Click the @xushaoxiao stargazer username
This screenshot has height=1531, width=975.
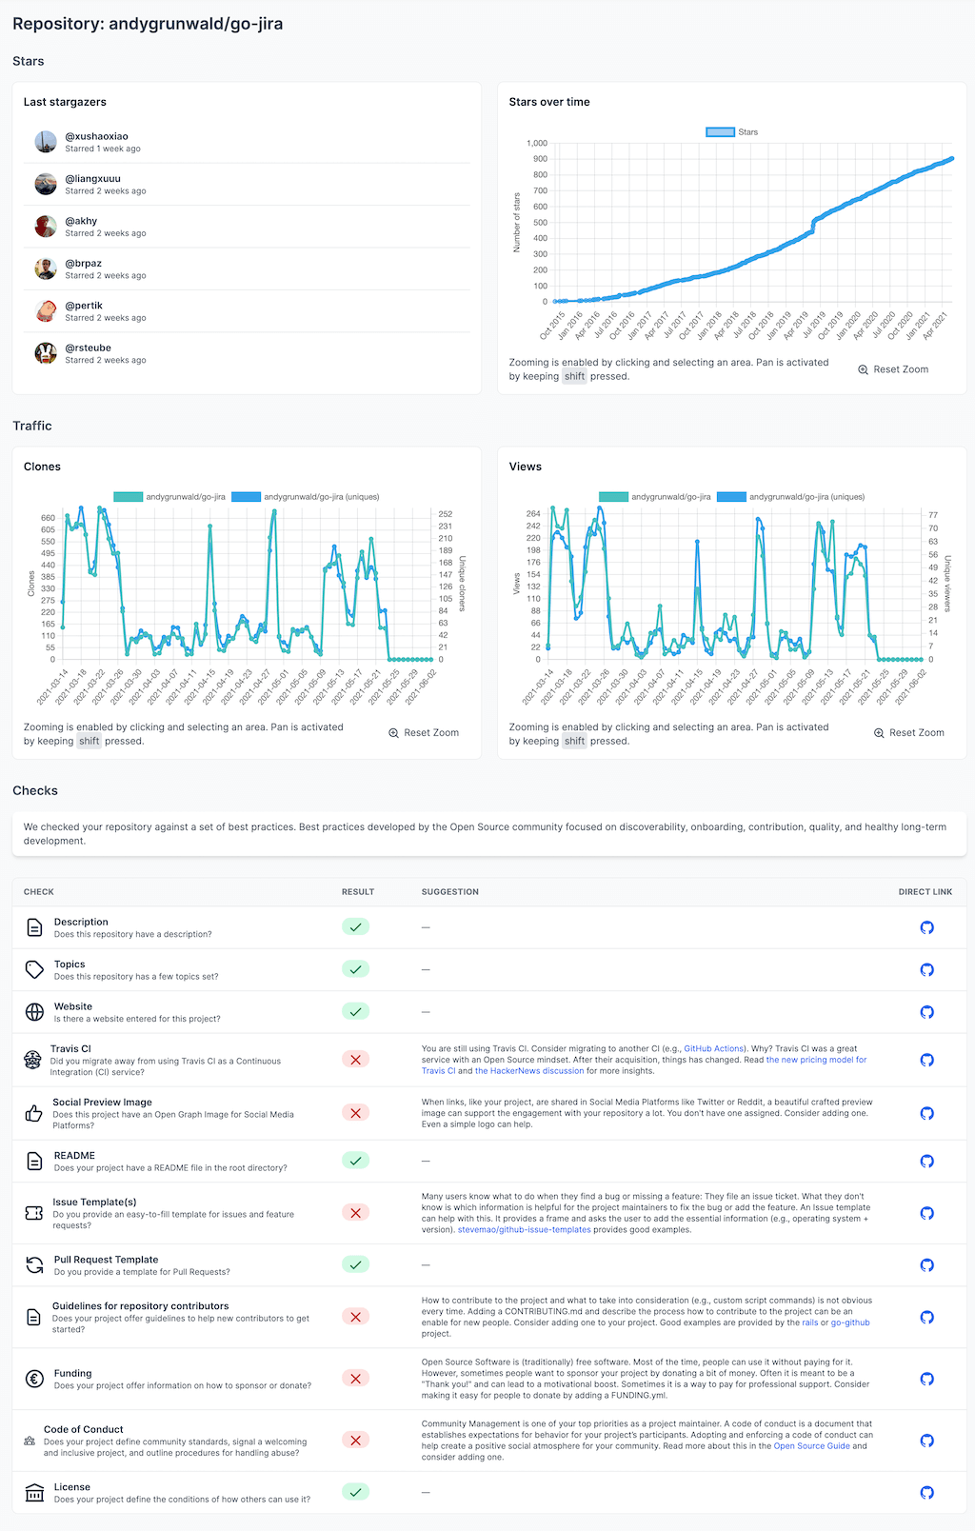96,136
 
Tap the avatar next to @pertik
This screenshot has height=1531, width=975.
46,311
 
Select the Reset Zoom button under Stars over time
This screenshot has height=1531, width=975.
893,369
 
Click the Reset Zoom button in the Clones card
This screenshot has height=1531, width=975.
424,733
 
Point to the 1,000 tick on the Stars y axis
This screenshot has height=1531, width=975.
537,144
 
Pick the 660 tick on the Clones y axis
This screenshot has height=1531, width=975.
48,518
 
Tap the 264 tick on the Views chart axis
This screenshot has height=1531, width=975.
533,514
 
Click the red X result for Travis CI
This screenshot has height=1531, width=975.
355,1060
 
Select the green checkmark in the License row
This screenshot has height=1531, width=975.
355,1492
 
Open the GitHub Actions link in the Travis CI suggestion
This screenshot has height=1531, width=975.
714,1048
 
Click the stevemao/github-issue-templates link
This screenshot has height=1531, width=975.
524,1230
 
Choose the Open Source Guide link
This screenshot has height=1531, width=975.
811,1446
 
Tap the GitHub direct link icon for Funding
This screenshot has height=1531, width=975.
926,1379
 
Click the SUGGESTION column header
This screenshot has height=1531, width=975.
449,892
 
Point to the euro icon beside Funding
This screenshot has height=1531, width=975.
34,1379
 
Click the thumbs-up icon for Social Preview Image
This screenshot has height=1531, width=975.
34,1113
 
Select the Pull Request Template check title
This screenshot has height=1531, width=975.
106,1260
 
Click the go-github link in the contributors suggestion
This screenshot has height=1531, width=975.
850,1322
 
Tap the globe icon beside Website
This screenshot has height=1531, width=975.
34,1011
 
